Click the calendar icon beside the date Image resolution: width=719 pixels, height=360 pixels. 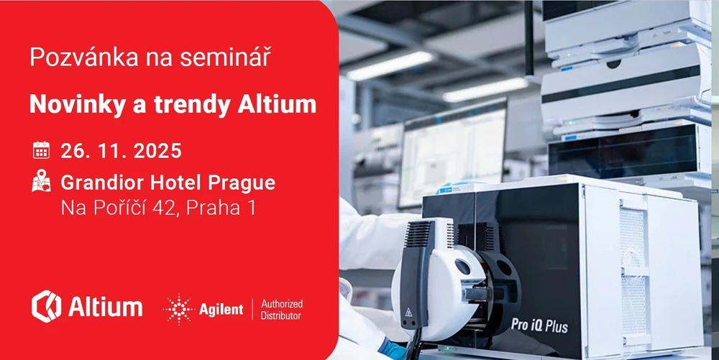[x=41, y=150]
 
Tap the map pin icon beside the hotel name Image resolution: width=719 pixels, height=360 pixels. [x=41, y=180]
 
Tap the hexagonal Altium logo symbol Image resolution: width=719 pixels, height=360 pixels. [x=46, y=306]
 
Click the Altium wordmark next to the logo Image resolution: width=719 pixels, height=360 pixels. [x=105, y=307]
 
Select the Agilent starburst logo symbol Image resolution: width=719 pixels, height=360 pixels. [x=179, y=310]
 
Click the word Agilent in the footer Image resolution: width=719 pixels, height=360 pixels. [x=221, y=310]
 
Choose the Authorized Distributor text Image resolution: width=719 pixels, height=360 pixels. [x=282, y=310]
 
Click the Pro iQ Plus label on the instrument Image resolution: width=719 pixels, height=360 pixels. [x=540, y=326]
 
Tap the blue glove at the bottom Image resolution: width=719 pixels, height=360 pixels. [x=393, y=349]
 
